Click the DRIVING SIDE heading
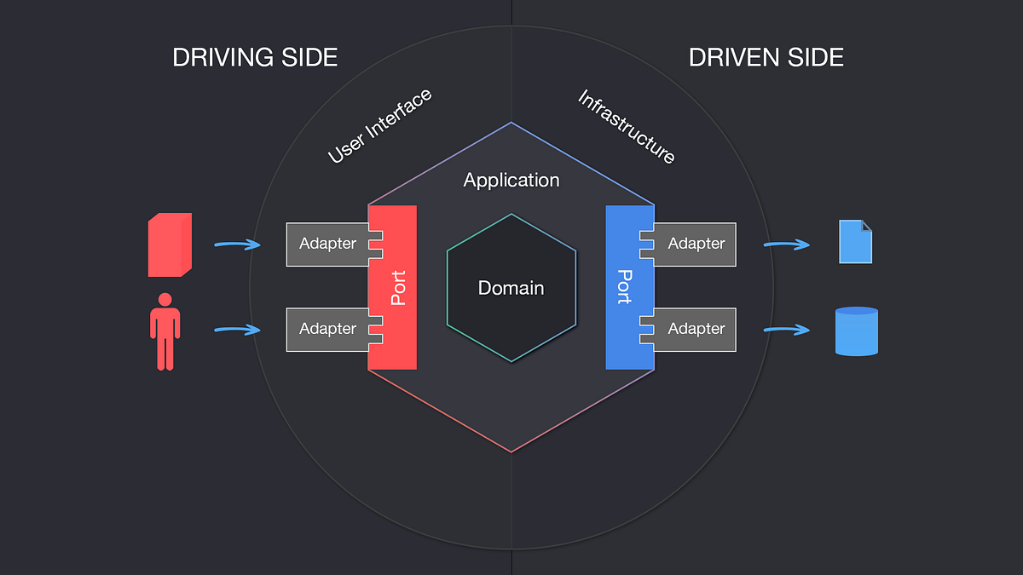[255, 57]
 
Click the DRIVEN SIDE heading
[766, 57]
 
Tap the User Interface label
[380, 126]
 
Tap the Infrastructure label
[627, 127]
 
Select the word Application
[511, 180]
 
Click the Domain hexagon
[511, 288]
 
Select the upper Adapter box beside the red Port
[327, 244]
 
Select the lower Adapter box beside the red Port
[327, 329]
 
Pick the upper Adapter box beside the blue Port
[696, 244]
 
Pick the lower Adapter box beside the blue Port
[696, 329]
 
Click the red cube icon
[170, 244]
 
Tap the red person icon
[165, 331]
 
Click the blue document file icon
[855, 242]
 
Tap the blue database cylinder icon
[856, 331]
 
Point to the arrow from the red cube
[236, 245]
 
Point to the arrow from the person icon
[236, 330]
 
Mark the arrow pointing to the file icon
[786, 245]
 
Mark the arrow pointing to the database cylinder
[786, 330]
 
